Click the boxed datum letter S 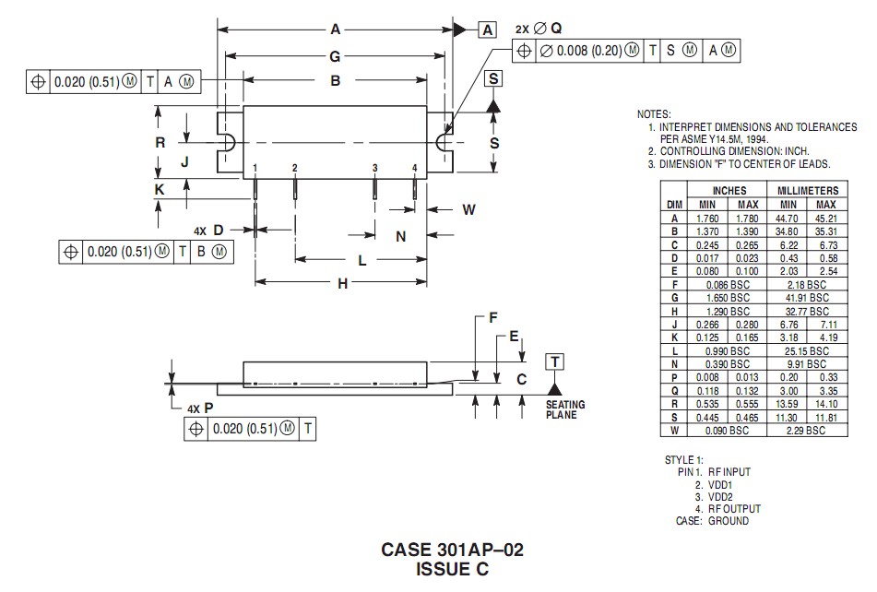click(x=494, y=79)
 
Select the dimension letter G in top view click(x=335, y=56)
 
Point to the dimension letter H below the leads click(x=342, y=284)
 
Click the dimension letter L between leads click(x=361, y=261)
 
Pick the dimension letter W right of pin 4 click(x=468, y=210)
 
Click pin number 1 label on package click(x=255, y=168)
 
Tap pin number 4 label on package click(x=415, y=168)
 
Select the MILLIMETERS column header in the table click(x=807, y=190)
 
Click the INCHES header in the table click(x=729, y=190)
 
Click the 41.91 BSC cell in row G click(x=807, y=298)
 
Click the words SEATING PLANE click(x=564, y=410)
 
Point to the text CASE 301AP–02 click(x=452, y=550)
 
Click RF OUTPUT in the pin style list click(x=735, y=509)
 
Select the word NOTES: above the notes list click(x=654, y=113)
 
